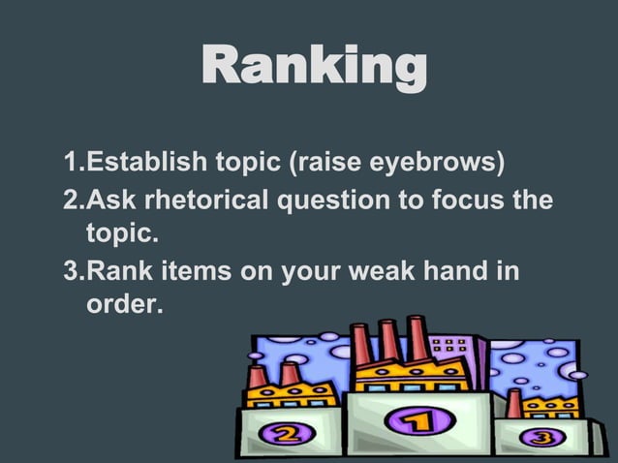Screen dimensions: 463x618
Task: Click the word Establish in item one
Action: click(137, 159)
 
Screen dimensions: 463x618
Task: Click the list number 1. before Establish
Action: click(75, 159)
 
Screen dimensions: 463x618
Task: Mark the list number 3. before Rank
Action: click(75, 271)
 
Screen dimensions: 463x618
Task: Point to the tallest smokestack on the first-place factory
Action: click(417, 339)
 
